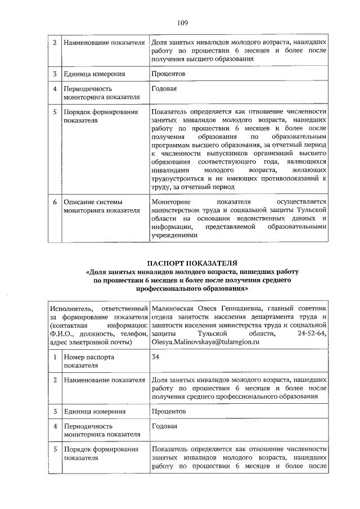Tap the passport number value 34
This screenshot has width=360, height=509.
point(156,357)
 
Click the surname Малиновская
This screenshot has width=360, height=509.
point(173,308)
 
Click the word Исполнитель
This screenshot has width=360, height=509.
point(71,308)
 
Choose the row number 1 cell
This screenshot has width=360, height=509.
point(54,357)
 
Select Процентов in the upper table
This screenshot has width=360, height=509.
point(169,74)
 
